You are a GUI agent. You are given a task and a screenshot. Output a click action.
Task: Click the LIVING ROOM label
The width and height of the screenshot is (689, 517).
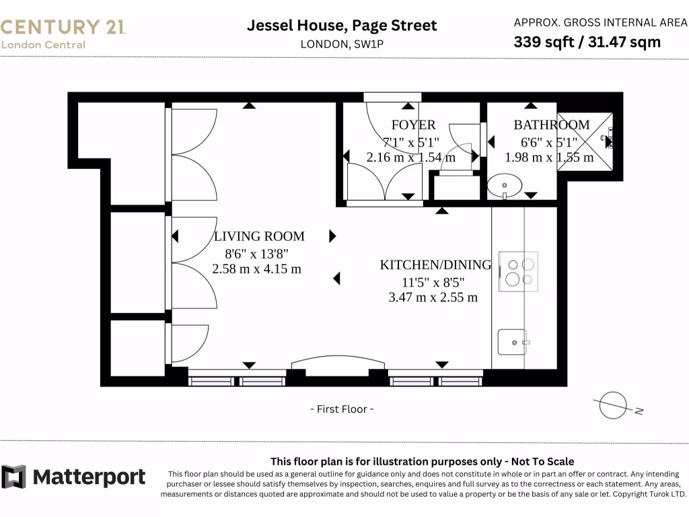259,236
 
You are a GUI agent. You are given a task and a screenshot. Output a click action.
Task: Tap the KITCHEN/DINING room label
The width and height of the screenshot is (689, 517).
436,265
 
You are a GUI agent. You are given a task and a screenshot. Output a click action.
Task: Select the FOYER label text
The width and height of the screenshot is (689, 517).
413,125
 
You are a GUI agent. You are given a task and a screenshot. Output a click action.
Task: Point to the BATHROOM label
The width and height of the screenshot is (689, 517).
551,125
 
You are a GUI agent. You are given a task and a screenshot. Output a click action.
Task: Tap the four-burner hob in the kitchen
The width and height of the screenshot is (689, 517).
518,271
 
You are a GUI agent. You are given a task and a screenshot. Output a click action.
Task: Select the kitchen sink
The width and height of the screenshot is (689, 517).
511,342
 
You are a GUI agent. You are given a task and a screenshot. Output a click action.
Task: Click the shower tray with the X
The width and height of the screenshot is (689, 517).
585,141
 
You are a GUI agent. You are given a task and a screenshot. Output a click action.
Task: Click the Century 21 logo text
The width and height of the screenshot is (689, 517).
63,27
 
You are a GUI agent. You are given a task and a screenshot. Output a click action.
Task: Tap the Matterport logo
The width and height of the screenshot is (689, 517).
73,477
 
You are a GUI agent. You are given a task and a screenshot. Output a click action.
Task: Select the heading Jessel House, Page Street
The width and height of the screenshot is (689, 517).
342,26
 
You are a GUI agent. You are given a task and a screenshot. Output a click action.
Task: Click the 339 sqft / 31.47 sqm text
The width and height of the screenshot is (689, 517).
587,42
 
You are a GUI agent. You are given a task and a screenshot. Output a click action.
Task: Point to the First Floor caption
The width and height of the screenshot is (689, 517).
342,409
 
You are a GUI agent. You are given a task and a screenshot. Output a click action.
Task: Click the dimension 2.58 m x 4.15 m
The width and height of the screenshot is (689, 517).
256,269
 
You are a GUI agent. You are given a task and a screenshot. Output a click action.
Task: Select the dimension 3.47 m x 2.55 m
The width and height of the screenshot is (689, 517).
433,297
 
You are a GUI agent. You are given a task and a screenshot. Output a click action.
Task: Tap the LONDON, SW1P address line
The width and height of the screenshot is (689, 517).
342,44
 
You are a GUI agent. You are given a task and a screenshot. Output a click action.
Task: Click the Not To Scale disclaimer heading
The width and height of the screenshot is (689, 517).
422,461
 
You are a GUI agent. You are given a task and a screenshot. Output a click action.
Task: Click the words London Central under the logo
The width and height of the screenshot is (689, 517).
43,45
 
